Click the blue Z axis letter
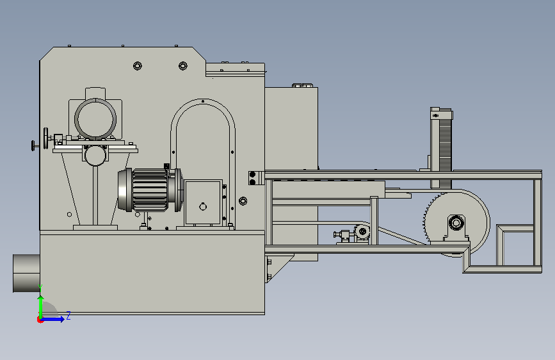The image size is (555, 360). coord(68,315)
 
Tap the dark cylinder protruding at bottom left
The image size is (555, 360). coord(26,273)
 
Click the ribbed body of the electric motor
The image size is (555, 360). coord(150,190)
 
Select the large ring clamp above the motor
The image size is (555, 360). coord(95,119)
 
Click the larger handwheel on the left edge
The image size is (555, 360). coord(45,138)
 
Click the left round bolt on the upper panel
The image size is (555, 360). coord(138,65)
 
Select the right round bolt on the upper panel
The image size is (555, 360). coord(182,65)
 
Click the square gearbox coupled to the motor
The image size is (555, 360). coord(203,202)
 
